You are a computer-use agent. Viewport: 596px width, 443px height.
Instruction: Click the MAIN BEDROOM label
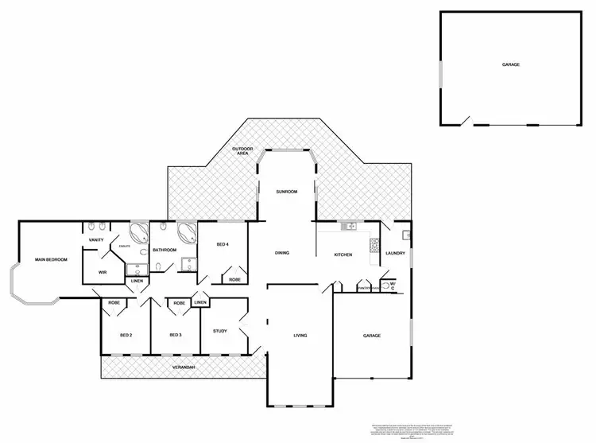click(x=50, y=260)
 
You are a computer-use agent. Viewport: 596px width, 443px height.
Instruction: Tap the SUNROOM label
click(x=286, y=192)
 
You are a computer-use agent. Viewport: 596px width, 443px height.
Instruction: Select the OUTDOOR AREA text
click(x=242, y=151)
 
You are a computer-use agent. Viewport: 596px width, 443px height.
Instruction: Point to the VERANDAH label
click(x=184, y=367)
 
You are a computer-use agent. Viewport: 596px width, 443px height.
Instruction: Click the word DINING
click(x=282, y=253)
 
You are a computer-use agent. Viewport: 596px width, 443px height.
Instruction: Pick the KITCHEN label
click(x=343, y=254)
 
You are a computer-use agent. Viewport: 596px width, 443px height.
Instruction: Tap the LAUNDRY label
click(x=395, y=254)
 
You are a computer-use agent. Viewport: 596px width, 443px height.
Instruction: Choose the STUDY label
click(x=220, y=331)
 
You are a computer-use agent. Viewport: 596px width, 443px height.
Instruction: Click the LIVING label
click(x=300, y=335)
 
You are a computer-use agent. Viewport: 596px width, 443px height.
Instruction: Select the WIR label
click(x=103, y=272)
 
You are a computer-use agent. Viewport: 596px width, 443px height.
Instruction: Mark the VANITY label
click(x=97, y=240)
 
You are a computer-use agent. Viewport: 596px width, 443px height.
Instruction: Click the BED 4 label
click(x=223, y=244)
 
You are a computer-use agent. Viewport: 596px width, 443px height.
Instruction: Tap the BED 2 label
click(x=126, y=335)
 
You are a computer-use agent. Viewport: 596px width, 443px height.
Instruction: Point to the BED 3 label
click(x=176, y=335)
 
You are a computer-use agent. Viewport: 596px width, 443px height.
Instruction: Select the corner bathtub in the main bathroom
click(x=188, y=234)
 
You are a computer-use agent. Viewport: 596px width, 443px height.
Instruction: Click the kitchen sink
click(x=348, y=227)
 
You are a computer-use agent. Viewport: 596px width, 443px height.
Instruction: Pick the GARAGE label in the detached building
click(x=511, y=64)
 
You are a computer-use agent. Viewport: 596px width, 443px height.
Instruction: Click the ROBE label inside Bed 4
click(x=235, y=279)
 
